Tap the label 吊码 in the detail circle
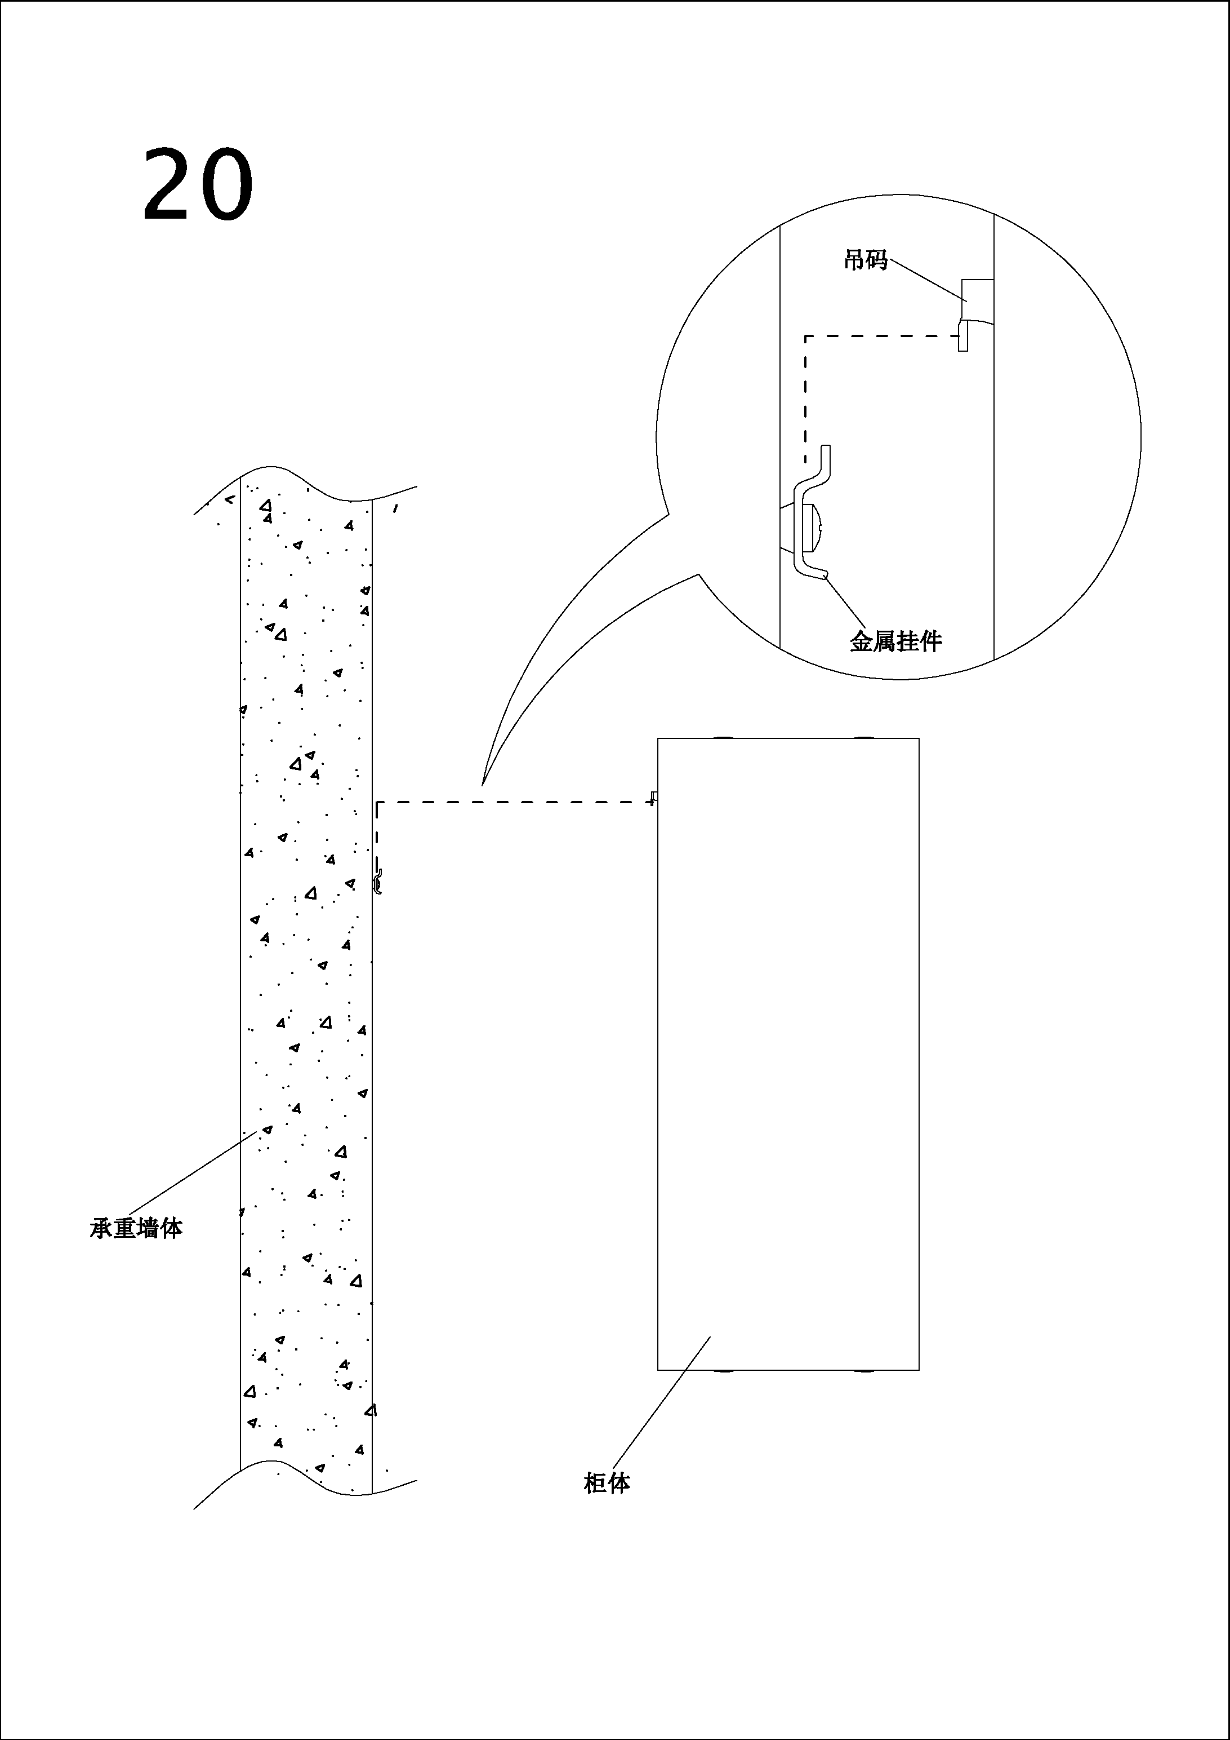click(x=866, y=260)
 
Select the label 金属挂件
click(x=895, y=642)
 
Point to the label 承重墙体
click(x=136, y=1228)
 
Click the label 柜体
click(x=607, y=1482)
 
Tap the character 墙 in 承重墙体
click(x=149, y=1228)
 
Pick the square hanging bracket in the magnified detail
click(x=977, y=300)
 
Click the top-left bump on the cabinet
click(x=722, y=737)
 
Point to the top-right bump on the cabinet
click(x=863, y=737)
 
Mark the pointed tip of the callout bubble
click(x=483, y=783)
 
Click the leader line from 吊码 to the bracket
click(x=928, y=280)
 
